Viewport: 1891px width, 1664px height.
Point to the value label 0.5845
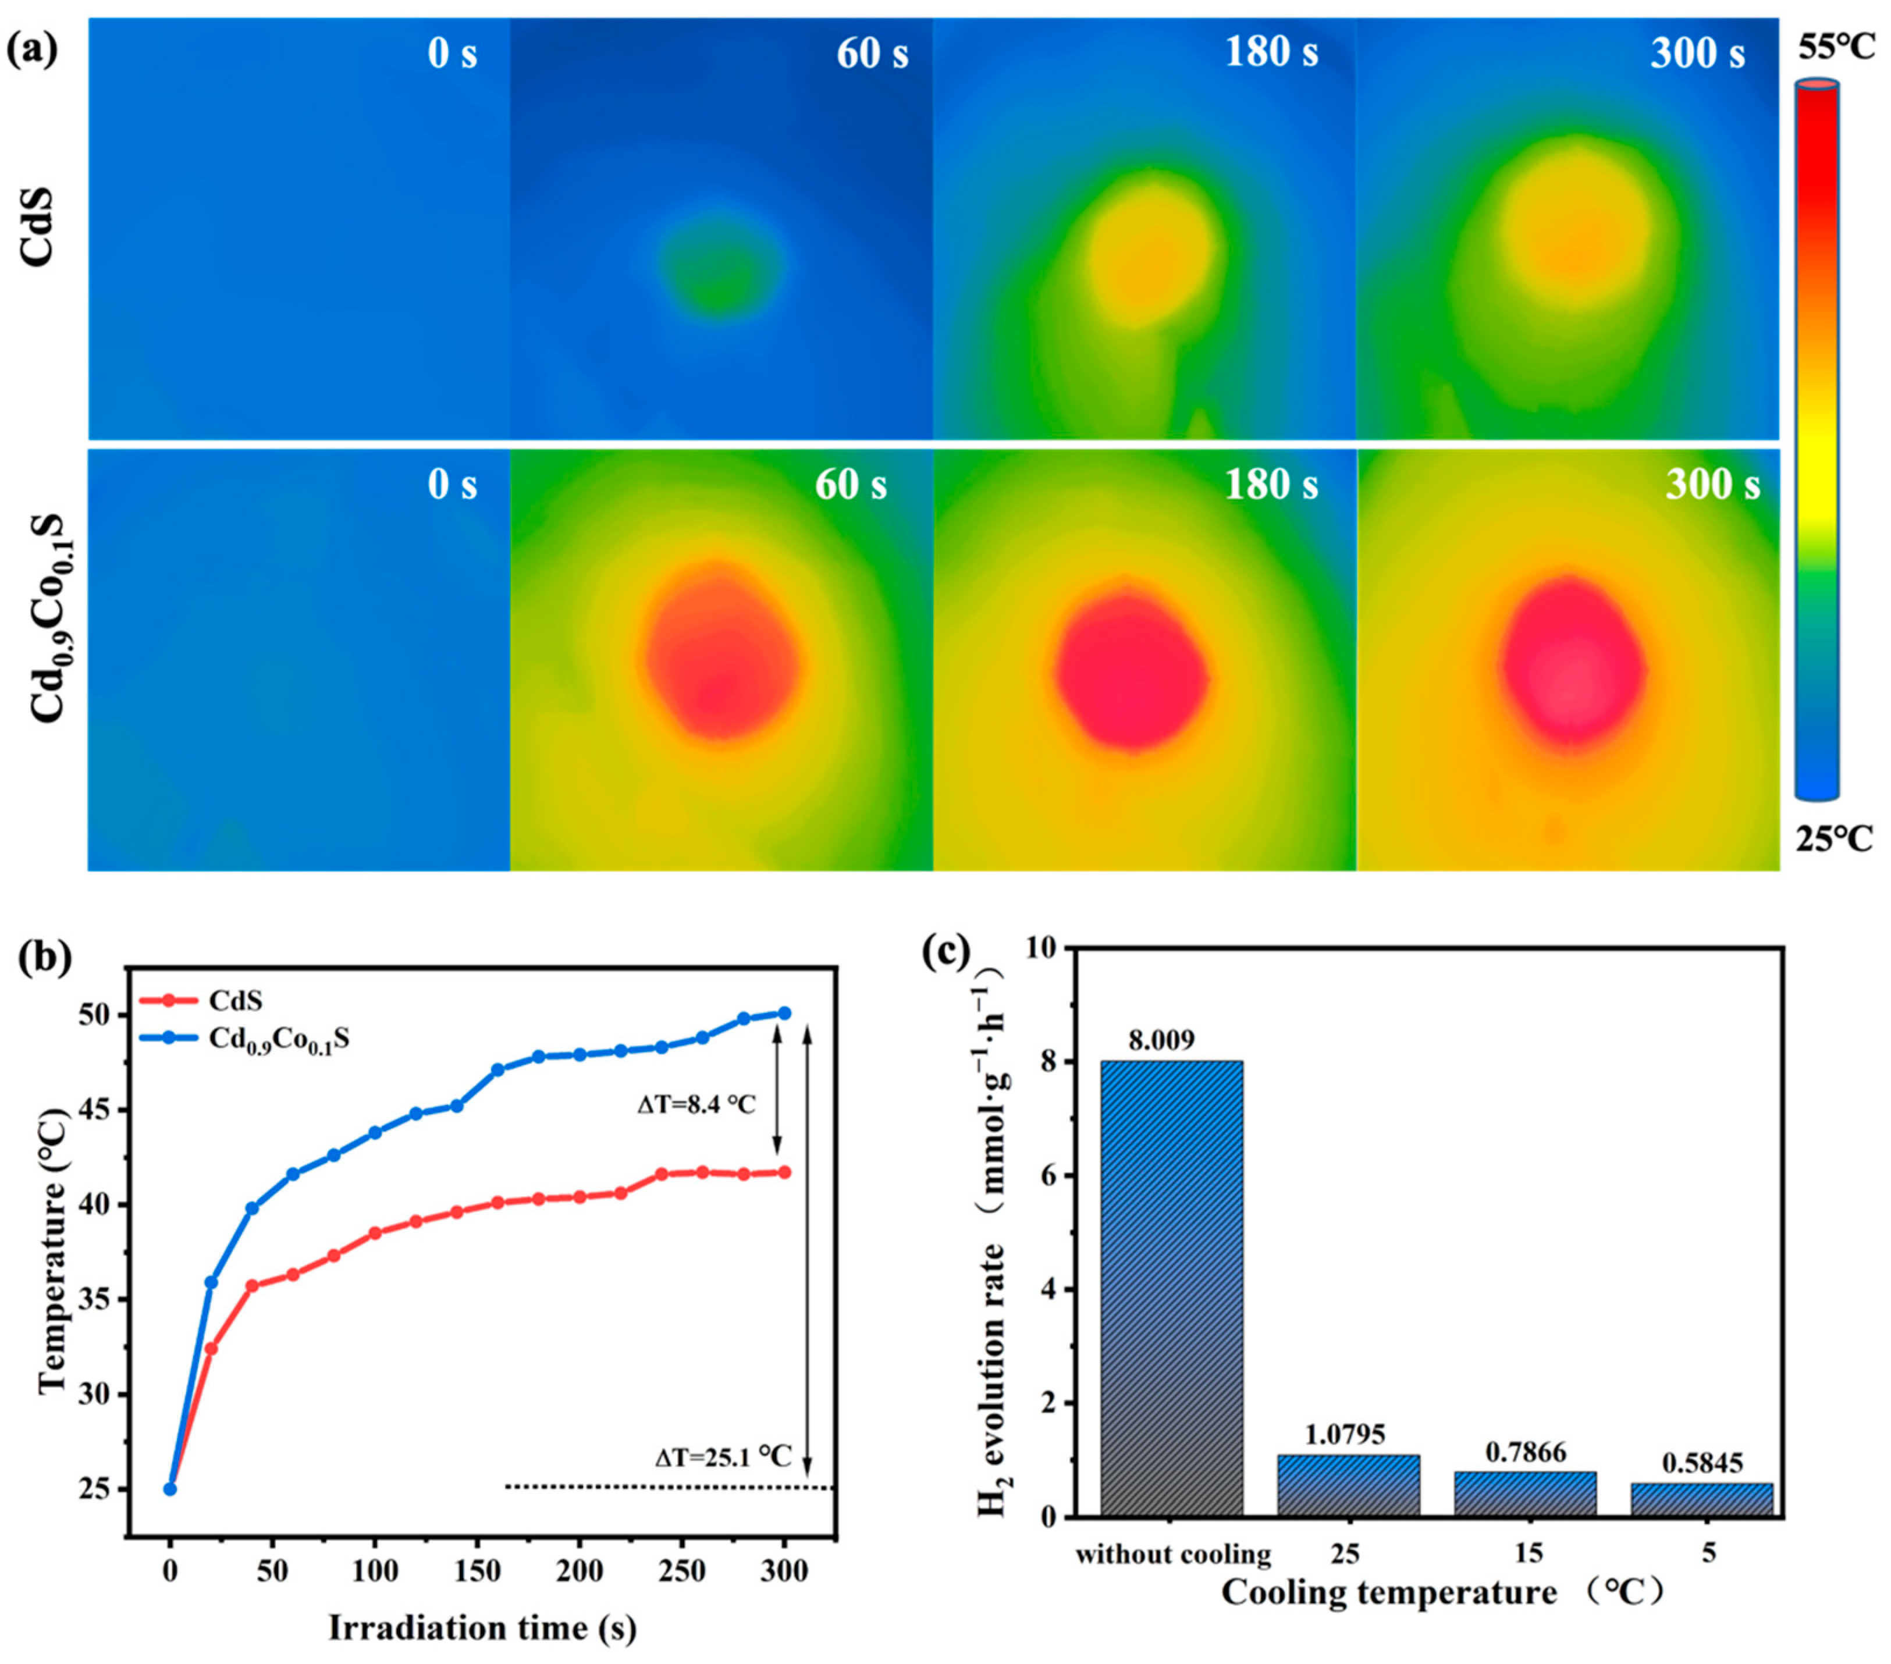click(x=1702, y=1462)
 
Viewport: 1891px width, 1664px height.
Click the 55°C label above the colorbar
click(x=1836, y=48)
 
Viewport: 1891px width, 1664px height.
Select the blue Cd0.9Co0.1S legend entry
click(x=244, y=1040)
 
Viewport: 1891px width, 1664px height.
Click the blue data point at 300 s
click(x=784, y=1013)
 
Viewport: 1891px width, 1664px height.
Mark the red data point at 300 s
click(x=784, y=1172)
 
